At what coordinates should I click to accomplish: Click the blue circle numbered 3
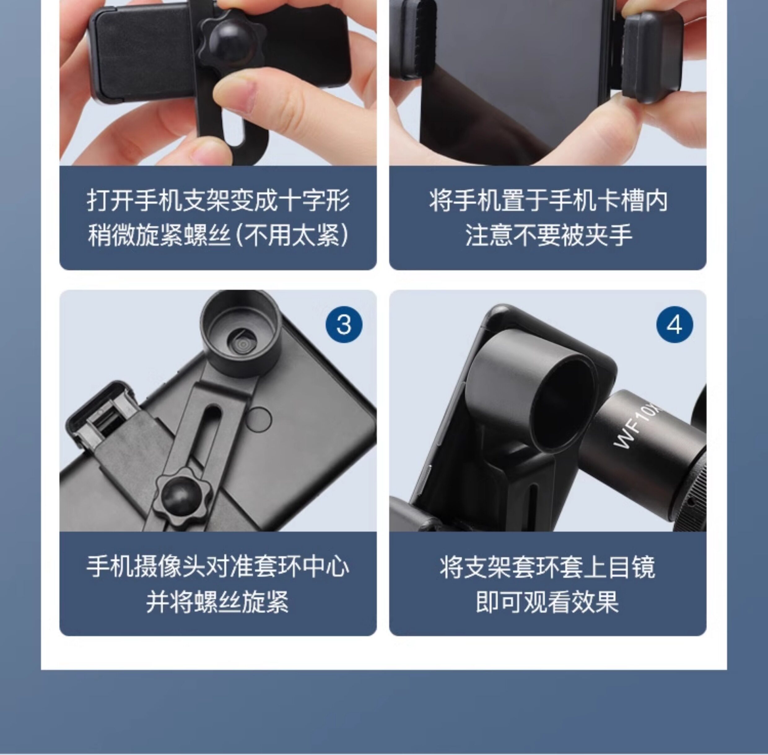tap(343, 325)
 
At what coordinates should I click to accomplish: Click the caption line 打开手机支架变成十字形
tap(218, 201)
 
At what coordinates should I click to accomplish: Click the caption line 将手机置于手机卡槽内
tap(548, 201)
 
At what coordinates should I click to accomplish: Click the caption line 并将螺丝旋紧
tap(218, 602)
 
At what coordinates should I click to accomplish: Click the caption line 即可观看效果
tap(548, 602)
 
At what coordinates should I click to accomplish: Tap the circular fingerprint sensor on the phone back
tap(258, 419)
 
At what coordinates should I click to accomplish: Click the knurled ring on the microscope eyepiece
tap(692, 492)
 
